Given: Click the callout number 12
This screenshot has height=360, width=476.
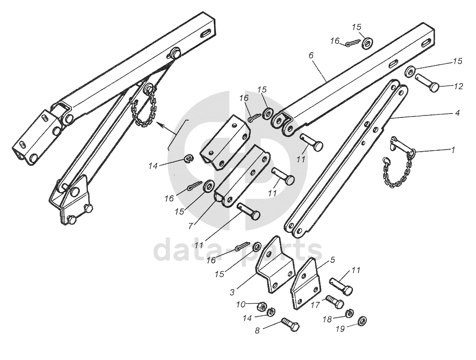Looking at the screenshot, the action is [x=459, y=86].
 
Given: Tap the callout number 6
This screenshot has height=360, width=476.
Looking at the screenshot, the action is [x=311, y=55].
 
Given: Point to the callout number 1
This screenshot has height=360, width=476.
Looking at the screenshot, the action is [x=453, y=150].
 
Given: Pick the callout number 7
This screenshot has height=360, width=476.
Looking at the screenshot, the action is [x=191, y=226].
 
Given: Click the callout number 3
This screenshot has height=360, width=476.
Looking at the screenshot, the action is [x=232, y=292].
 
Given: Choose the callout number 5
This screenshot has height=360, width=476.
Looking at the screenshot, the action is [x=332, y=259].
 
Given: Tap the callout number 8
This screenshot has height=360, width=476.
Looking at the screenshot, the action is [x=257, y=330].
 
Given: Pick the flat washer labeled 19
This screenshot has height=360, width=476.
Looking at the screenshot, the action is [x=363, y=322].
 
